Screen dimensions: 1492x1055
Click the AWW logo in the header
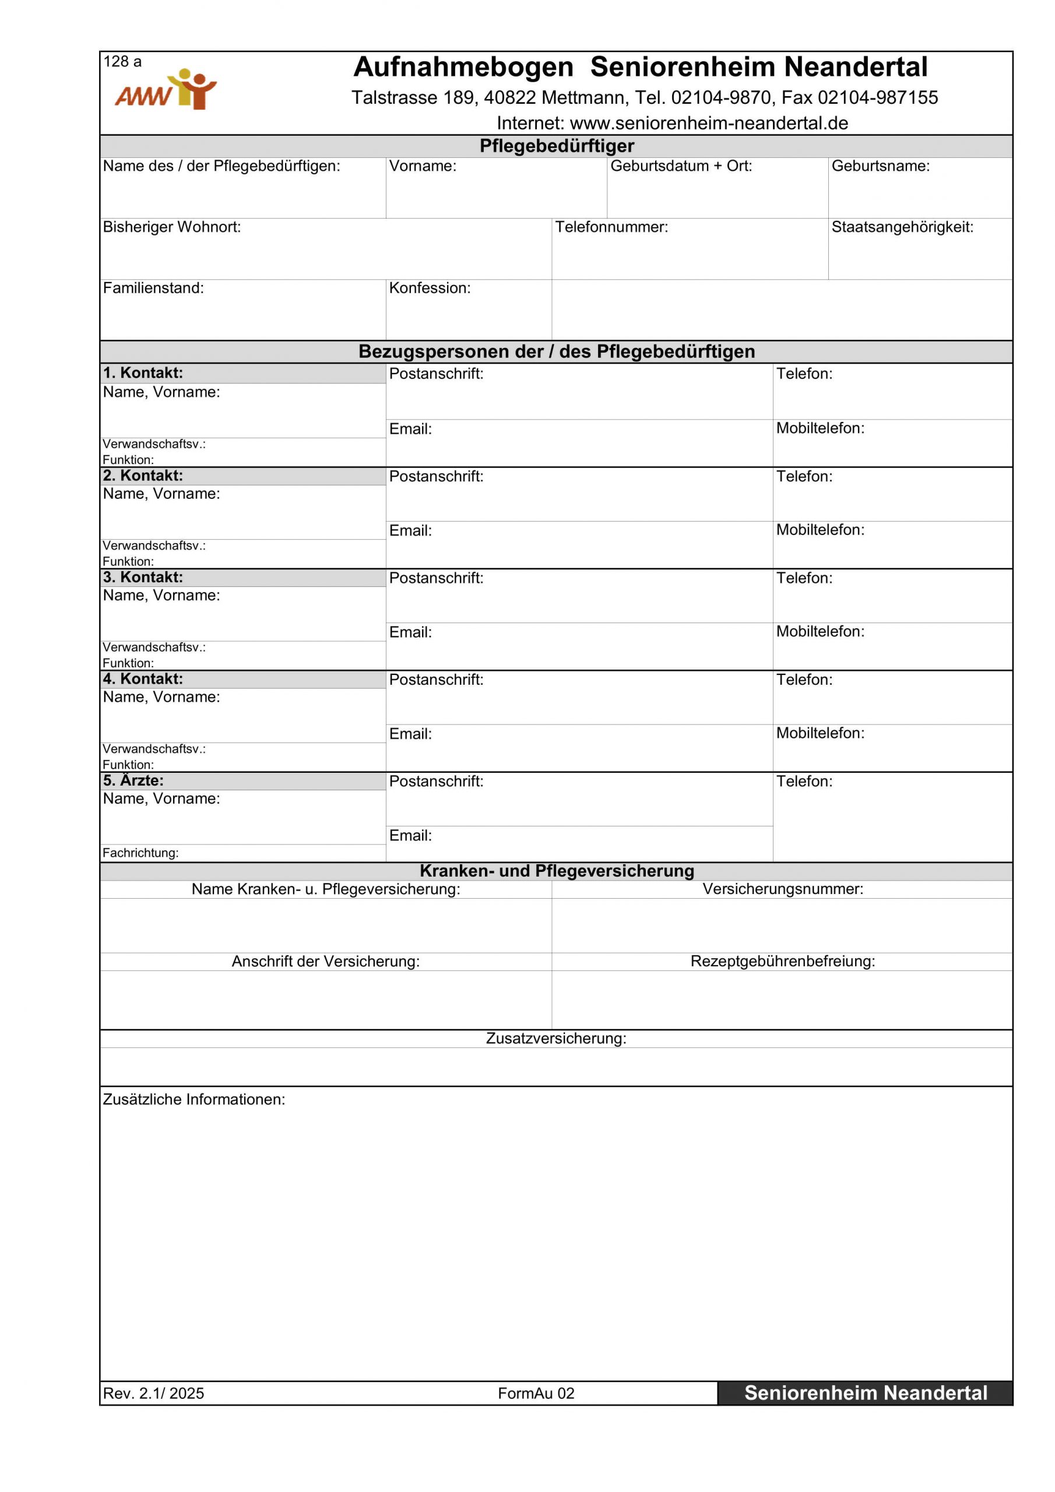click(x=165, y=90)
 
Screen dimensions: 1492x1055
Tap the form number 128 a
click(x=122, y=62)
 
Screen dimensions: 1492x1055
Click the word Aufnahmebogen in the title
click(x=463, y=67)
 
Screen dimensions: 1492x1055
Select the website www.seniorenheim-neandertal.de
click(x=709, y=123)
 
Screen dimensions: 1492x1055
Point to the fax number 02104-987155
click(x=878, y=97)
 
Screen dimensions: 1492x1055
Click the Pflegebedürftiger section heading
click(x=557, y=146)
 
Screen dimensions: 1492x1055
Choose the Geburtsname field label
click(x=880, y=166)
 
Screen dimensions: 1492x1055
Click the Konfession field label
click(x=430, y=288)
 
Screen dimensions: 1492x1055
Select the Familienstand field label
click(x=153, y=288)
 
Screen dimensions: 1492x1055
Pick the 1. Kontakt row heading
click(x=143, y=373)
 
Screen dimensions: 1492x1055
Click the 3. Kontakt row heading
click(x=143, y=577)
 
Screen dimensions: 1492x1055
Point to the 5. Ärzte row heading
click(x=133, y=780)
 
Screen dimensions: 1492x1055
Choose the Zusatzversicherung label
click(x=556, y=1039)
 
